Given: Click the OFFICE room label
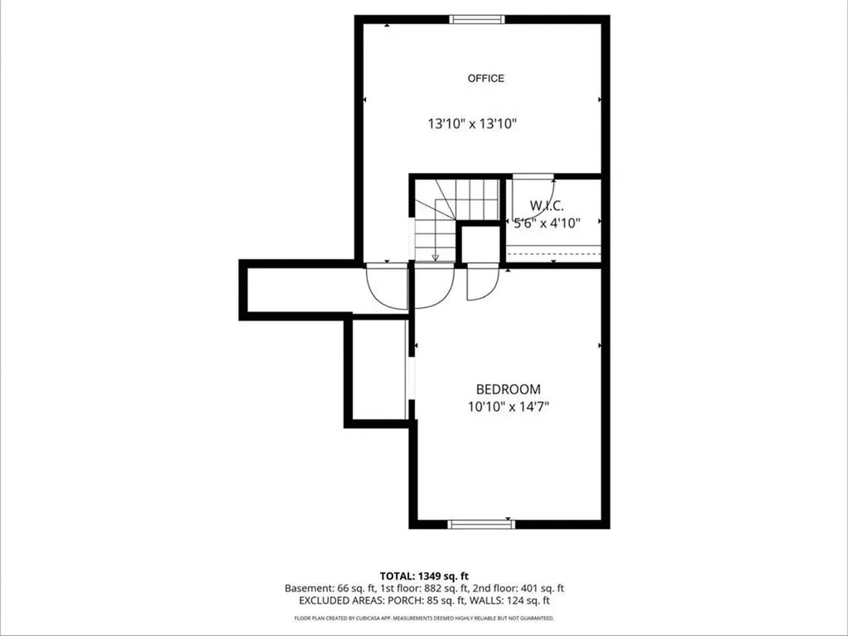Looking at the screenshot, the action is (485, 79).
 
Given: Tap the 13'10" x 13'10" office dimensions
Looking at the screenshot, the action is (472, 124).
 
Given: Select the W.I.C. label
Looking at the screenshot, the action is (547, 205).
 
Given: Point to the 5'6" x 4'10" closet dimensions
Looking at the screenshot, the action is (547, 222).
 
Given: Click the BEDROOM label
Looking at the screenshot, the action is (508, 389).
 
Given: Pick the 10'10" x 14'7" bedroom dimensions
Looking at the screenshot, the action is (508, 407).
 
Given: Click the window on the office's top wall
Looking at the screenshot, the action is (477, 20).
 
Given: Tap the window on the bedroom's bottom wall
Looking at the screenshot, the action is (481, 524).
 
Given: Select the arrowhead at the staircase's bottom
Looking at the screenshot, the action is (436, 258).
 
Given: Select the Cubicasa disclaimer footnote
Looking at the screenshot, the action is (424, 618).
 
